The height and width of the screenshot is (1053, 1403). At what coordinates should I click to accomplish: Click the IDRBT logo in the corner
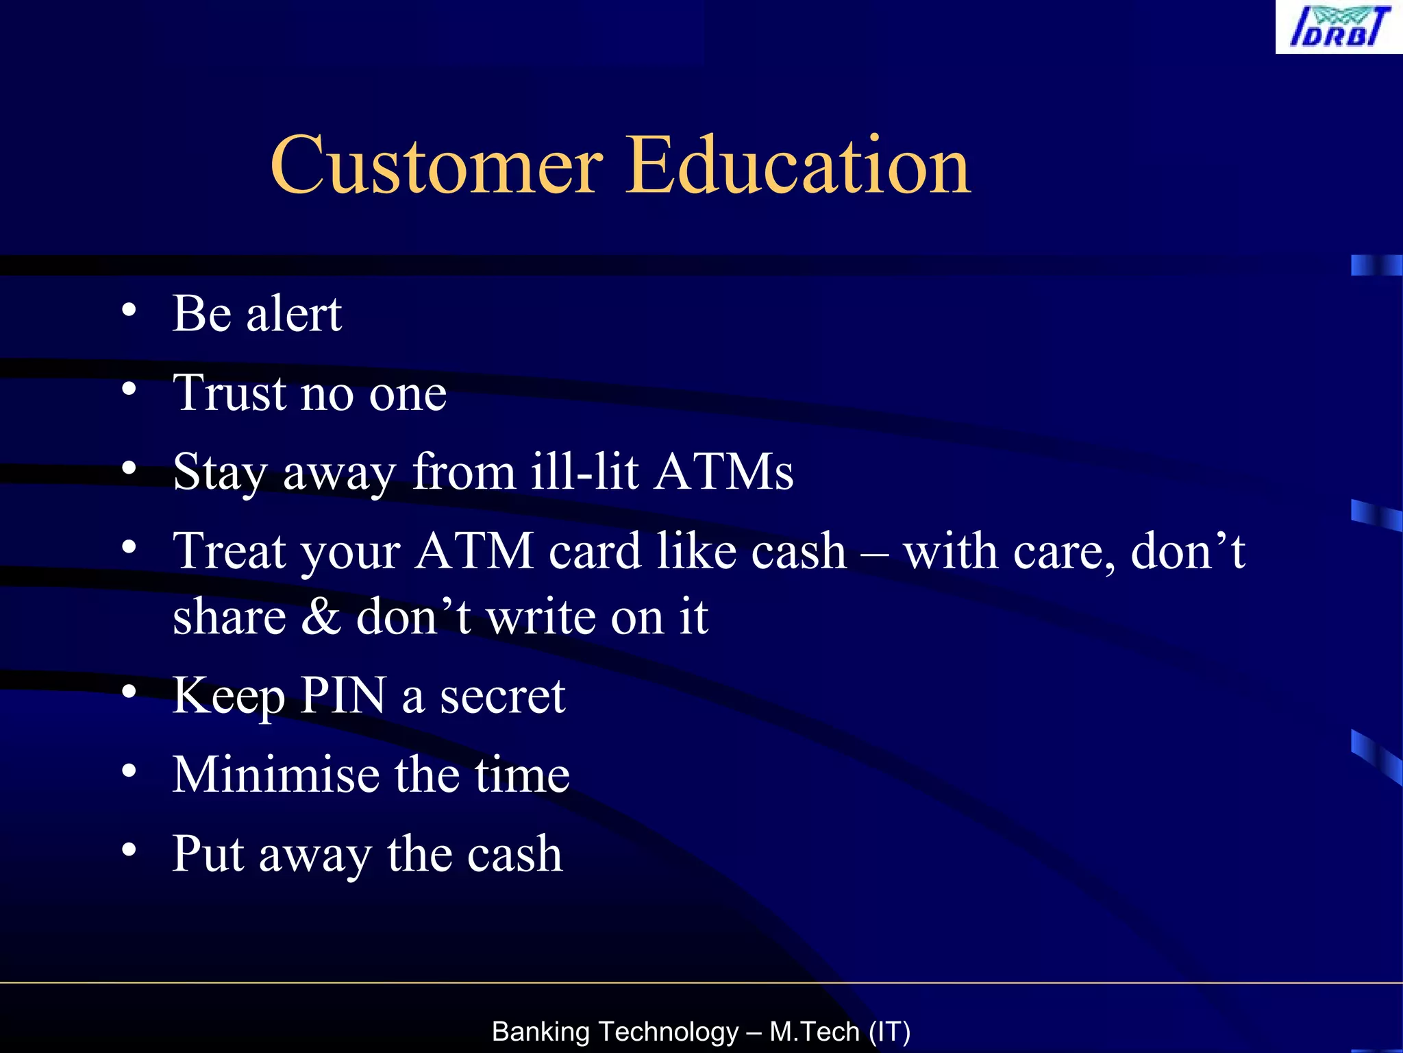coord(1339,27)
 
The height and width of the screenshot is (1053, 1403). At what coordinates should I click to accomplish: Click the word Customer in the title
coord(436,165)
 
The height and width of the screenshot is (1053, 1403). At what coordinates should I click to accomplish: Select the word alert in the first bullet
coord(294,314)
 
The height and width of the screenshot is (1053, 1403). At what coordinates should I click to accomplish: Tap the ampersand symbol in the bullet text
coord(321,616)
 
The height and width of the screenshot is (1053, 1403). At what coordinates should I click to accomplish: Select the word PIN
coord(343,696)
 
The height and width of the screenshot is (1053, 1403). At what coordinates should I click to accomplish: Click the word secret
coord(502,696)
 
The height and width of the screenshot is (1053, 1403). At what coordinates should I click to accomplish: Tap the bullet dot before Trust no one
coord(129,389)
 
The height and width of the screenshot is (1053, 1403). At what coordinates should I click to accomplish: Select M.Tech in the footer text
coord(815,1032)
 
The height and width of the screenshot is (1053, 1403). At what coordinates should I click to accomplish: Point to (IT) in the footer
coord(889,1032)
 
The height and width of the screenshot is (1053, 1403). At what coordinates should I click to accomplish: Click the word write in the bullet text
coord(541,616)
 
